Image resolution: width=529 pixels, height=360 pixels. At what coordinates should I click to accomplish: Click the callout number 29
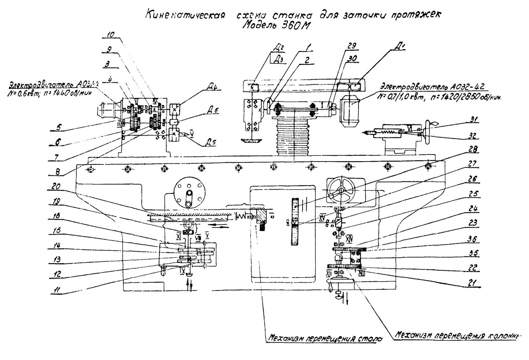tap(351, 46)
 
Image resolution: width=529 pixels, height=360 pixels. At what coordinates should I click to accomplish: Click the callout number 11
tap(57, 290)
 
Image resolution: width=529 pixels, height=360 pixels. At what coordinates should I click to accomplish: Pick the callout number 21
tap(473, 283)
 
